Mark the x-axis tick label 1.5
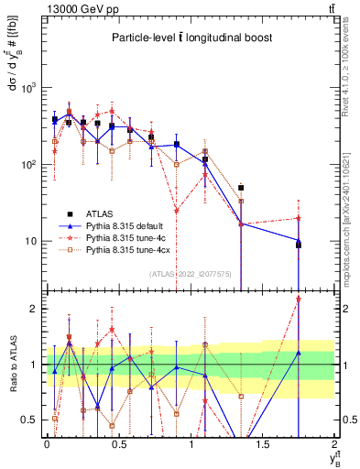click(x=263, y=444)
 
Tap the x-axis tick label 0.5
click(x=118, y=444)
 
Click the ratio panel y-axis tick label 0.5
click(x=30, y=420)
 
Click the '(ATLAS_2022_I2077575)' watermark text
click(x=190, y=273)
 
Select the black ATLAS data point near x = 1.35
click(x=241, y=187)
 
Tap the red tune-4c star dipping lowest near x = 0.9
click(x=177, y=211)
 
